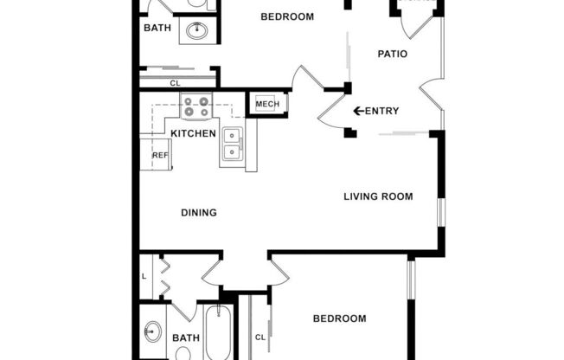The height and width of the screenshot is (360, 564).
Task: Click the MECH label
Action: click(x=266, y=105)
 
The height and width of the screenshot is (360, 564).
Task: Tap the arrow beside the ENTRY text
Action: click(x=358, y=111)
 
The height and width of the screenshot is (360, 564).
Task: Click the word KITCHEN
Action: click(x=193, y=133)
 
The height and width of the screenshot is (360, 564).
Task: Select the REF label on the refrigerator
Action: click(x=160, y=156)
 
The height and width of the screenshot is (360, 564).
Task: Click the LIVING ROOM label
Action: click(x=378, y=196)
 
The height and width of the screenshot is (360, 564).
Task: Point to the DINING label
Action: click(x=198, y=212)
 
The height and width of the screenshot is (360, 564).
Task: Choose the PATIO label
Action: click(x=393, y=55)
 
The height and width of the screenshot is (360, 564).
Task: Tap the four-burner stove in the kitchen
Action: click(x=195, y=106)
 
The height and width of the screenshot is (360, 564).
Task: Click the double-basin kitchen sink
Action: click(x=232, y=144)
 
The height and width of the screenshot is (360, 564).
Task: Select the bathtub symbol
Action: click(x=217, y=333)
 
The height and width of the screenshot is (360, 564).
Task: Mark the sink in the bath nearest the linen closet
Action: click(x=154, y=331)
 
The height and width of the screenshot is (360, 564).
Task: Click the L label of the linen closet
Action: click(x=144, y=276)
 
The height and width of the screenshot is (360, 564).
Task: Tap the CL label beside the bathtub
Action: click(x=260, y=337)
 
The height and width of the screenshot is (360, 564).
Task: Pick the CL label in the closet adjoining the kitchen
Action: click(x=175, y=83)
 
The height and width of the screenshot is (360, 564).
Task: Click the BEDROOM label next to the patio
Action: click(x=287, y=17)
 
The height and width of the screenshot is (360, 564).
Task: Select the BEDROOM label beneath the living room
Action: click(x=339, y=318)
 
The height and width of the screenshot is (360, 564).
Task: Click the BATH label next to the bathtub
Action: click(x=185, y=338)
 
